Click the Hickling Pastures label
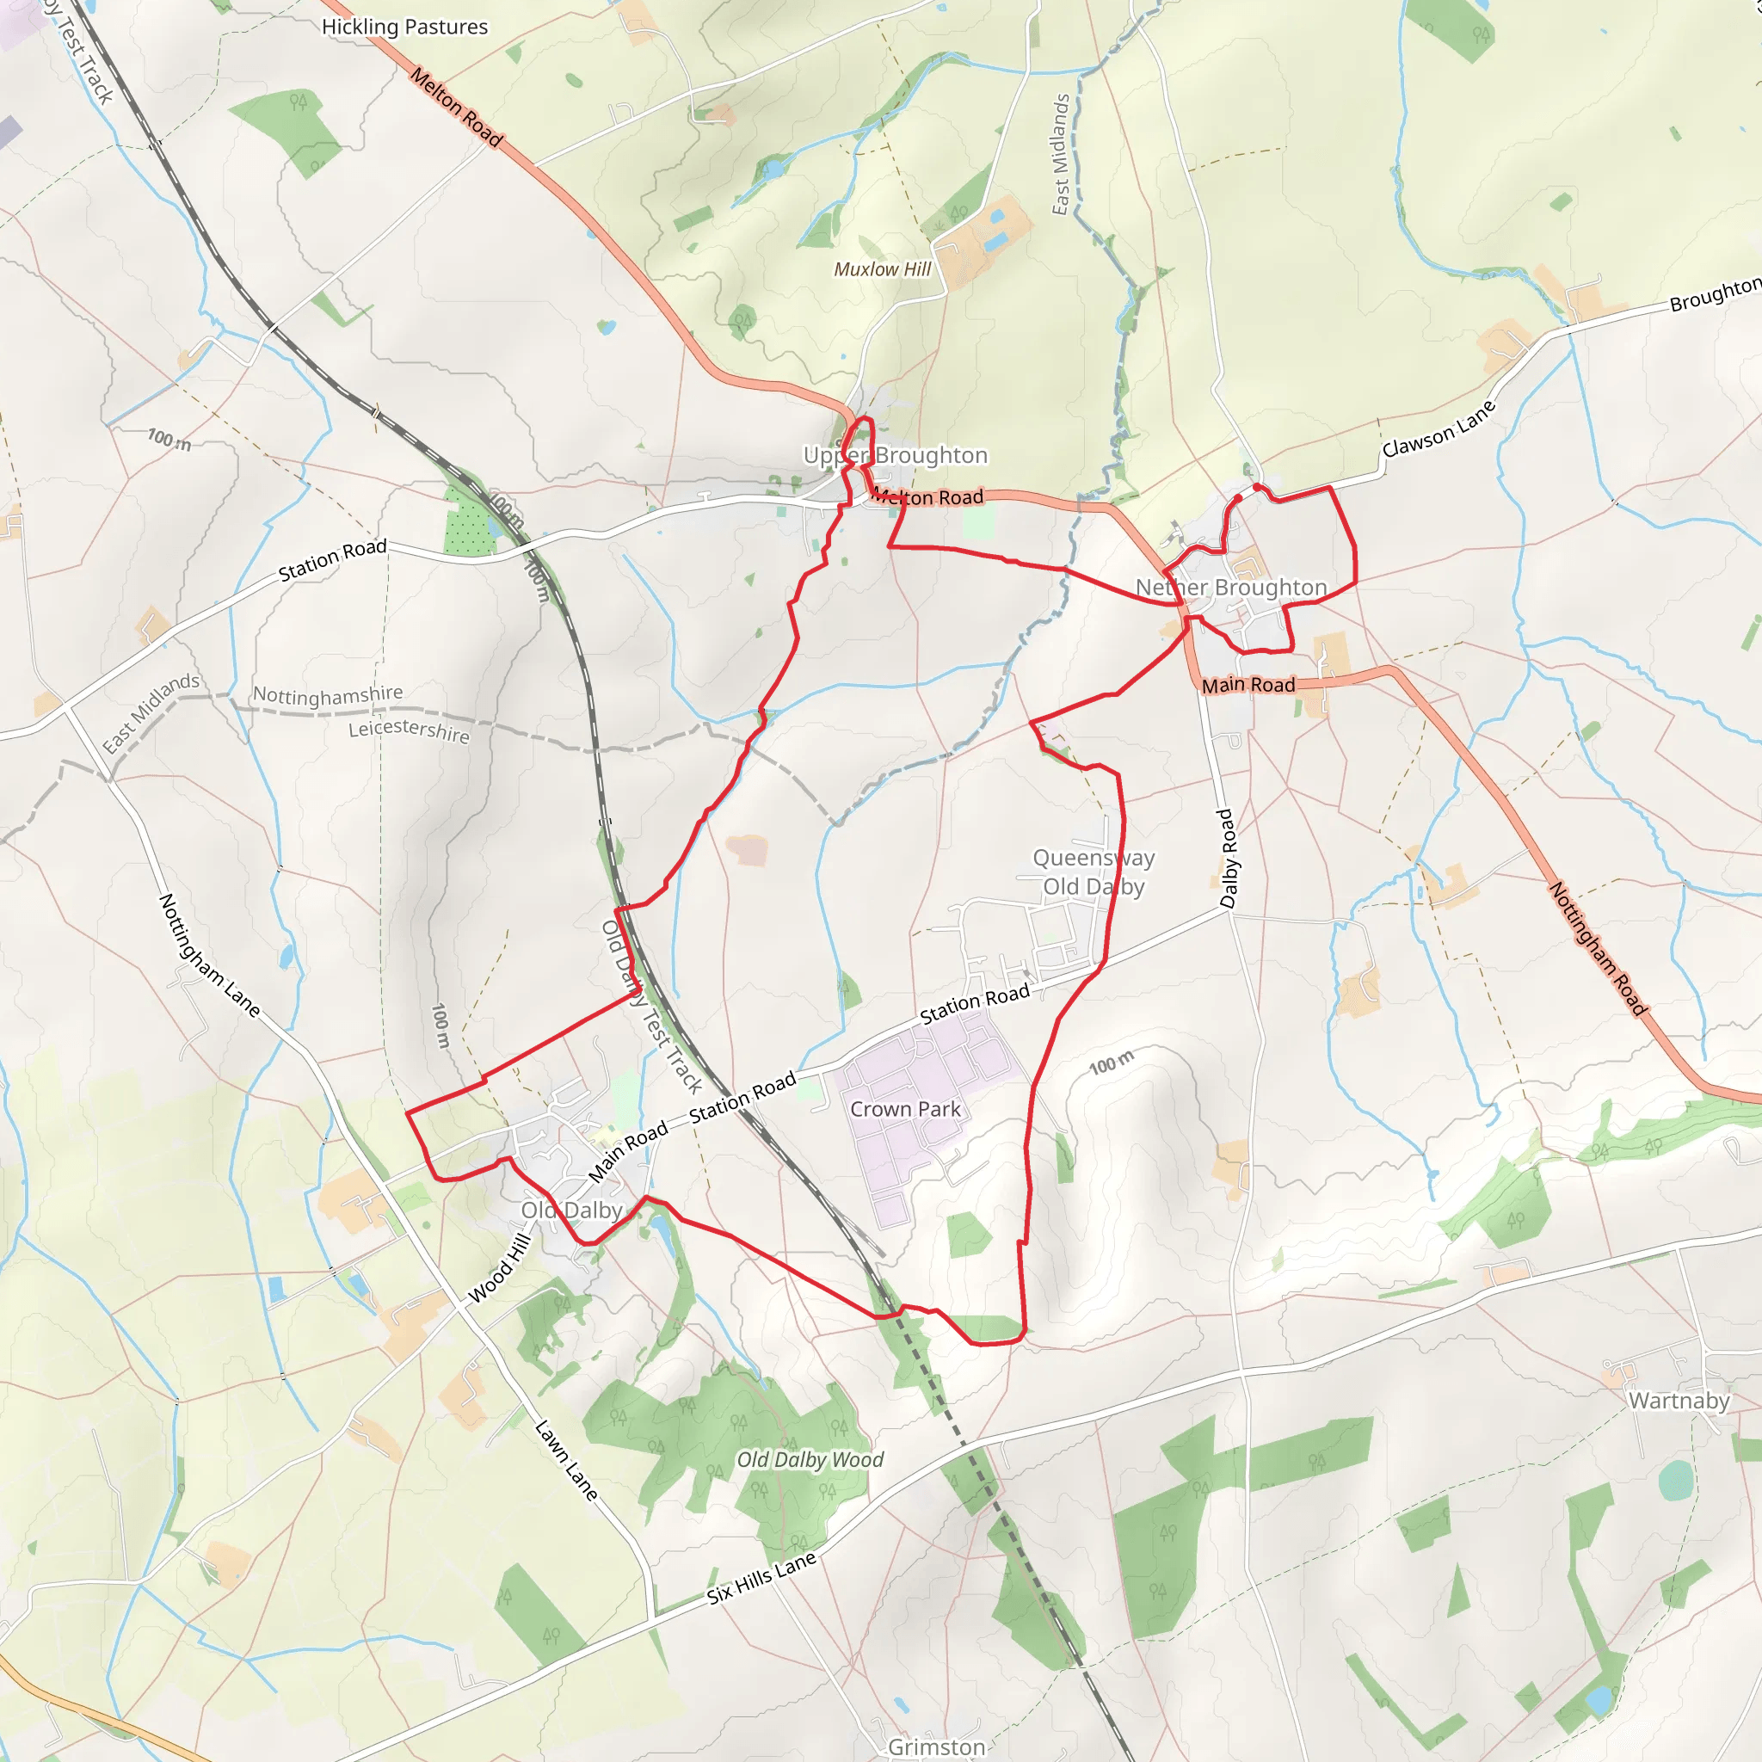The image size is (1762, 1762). click(404, 28)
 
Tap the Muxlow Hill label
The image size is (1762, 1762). click(882, 269)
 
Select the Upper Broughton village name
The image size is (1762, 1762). click(895, 455)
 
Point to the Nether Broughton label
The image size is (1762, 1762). click(1230, 588)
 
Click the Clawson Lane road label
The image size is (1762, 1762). click(1439, 428)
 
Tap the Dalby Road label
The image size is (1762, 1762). click(1229, 858)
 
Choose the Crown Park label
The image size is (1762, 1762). click(905, 1109)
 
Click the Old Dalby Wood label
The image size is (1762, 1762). click(810, 1460)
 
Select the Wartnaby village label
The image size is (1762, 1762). click(1679, 1401)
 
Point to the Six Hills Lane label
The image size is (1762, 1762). click(761, 1579)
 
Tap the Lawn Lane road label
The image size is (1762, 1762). click(566, 1460)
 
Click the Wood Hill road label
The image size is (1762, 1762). click(499, 1269)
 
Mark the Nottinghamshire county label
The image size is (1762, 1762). click(328, 695)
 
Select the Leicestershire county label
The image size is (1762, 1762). click(409, 730)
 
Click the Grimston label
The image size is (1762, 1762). click(936, 1747)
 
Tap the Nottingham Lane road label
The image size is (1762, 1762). click(210, 955)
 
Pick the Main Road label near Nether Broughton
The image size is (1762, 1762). click(1248, 685)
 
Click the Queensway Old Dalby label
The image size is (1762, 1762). click(1094, 872)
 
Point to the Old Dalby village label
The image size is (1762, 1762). click(572, 1211)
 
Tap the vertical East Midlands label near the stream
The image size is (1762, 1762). click(1060, 154)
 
